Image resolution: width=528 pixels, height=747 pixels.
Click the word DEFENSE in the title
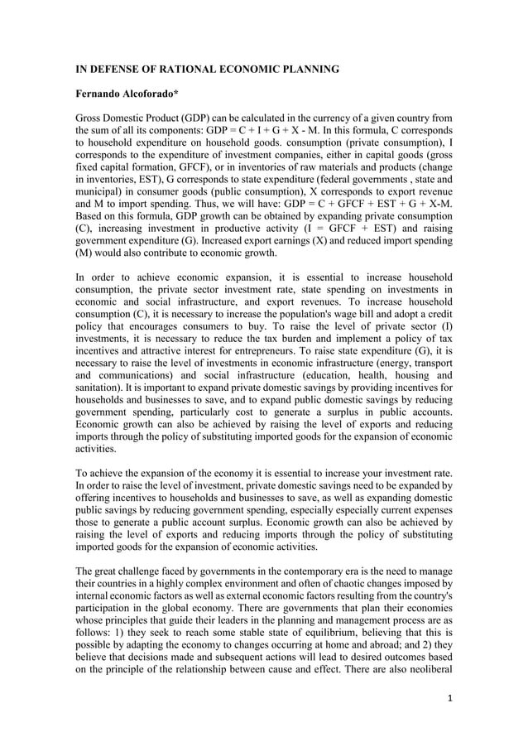[118, 69]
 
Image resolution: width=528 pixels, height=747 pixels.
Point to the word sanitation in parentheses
[103, 373]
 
